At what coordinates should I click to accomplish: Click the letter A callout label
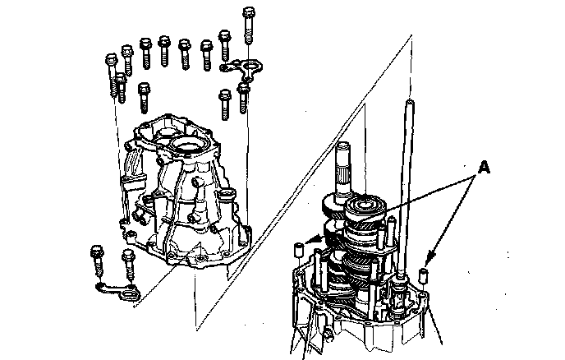tap(484, 168)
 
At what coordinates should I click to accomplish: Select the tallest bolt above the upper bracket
tap(249, 25)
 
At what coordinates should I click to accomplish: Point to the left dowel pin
tap(298, 250)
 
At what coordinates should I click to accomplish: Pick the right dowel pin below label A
tap(424, 275)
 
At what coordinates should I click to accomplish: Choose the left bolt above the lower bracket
tap(98, 262)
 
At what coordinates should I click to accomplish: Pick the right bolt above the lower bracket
tap(129, 265)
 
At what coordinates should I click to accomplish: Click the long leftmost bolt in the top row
tap(112, 75)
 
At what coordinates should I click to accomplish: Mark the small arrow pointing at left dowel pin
tap(313, 239)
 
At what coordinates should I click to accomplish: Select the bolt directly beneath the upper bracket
tap(243, 98)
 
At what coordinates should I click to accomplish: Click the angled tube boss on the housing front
tap(197, 198)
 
